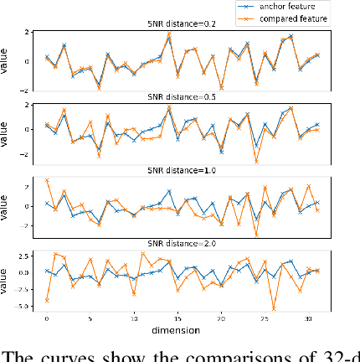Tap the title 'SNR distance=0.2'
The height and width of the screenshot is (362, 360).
183,25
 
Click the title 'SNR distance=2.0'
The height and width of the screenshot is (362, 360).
183,243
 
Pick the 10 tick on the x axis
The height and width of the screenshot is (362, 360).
134,319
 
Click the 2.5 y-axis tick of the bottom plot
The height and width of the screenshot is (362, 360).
27,255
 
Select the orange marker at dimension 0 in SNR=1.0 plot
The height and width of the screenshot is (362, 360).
47,180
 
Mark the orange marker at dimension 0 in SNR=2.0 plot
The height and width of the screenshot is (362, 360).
47,299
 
